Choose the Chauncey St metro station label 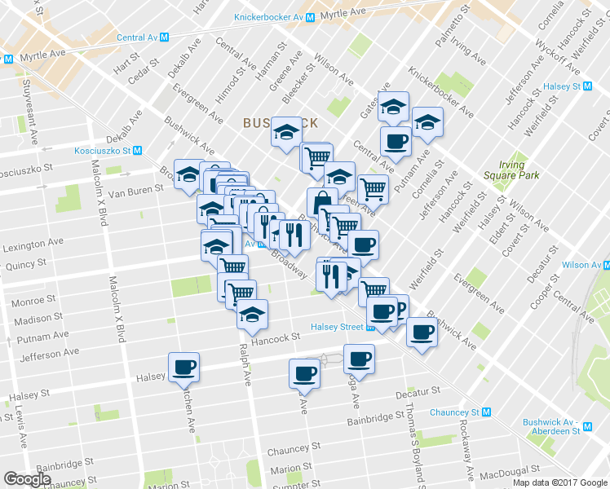tap(454, 412)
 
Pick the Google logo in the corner tap(27, 479)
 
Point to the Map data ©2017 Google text tap(559, 482)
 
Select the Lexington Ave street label tap(33, 244)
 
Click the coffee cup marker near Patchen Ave tap(183, 367)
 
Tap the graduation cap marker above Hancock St tap(252, 313)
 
